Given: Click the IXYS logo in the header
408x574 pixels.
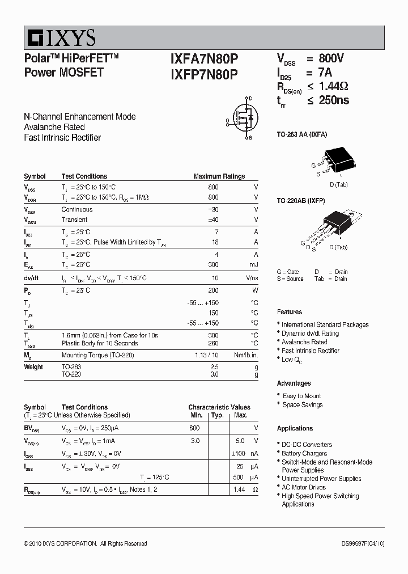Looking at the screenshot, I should pos(60,38).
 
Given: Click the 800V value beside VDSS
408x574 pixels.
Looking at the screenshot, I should pos(331,58).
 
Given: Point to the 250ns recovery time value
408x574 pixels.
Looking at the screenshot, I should pos(334,100).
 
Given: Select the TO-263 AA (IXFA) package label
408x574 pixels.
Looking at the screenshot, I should pos(301,134).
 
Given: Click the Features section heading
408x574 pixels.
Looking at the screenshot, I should pos(289,312).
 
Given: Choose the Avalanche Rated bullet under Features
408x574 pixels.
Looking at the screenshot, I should pos(304,342).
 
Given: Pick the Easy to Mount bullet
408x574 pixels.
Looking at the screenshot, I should pos(301,396).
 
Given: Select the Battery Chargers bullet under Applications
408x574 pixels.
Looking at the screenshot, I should pos(304,453).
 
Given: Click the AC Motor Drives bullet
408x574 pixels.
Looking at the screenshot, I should pos(304,487).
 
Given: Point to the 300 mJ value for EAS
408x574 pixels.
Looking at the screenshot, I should pos(214,265).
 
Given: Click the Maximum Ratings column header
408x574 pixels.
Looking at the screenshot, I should pos(219,176).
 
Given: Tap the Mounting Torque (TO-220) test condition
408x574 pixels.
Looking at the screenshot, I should pos(94,355).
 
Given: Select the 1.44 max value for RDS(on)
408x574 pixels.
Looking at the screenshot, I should pos(239,489).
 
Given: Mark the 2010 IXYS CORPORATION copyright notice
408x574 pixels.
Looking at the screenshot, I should pos(85,543).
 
